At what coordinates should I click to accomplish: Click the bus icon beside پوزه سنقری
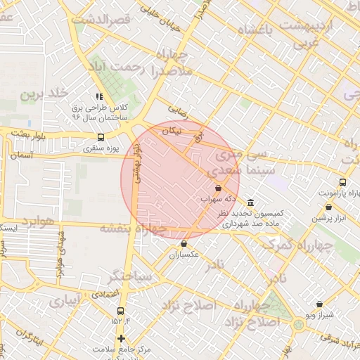[101, 138]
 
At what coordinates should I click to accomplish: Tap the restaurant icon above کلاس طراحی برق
[99, 97]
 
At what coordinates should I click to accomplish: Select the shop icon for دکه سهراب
[217, 188]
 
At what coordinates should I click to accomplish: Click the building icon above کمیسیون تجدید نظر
[251, 202]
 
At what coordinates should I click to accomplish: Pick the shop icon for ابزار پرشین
[329, 207]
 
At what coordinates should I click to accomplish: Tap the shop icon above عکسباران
[184, 244]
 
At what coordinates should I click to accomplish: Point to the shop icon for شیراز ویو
[320, 304]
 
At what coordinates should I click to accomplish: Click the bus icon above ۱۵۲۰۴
[121, 310]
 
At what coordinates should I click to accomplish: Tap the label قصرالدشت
[107, 20]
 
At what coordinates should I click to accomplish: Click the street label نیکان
[172, 131]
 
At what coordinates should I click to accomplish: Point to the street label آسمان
[22, 154]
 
